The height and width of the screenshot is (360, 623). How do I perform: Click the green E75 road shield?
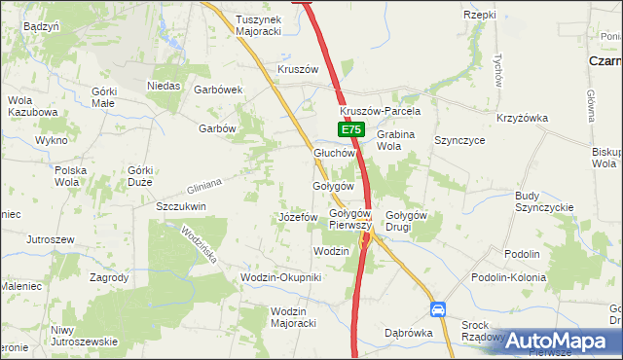tap(351, 129)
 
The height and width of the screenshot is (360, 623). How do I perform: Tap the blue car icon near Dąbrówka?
tap(438, 309)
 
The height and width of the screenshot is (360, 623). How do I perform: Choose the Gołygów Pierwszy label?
tap(350, 219)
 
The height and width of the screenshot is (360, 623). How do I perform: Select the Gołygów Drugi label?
tap(407, 220)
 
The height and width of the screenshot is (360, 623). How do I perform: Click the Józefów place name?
tap(298, 217)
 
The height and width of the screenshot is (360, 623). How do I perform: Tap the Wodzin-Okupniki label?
tap(280, 277)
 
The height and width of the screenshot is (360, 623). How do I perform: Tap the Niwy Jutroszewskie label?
tap(84, 336)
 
